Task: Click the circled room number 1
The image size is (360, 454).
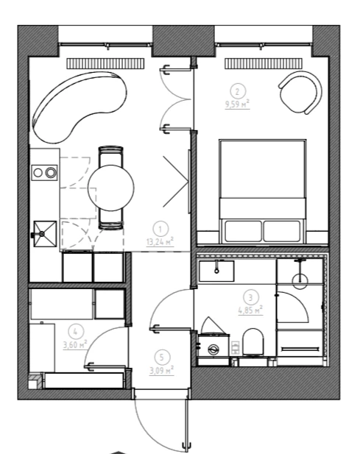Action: [160, 230]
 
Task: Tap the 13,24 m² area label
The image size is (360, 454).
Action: [160, 241]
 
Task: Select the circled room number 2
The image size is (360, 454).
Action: [238, 92]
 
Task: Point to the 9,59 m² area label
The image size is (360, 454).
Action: [237, 104]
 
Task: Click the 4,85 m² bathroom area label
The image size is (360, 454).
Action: [250, 310]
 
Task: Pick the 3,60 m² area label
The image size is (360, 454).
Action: [75, 344]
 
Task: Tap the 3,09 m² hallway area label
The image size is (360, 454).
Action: [162, 370]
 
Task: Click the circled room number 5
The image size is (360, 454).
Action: [162, 358]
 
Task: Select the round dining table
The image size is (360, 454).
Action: [111, 188]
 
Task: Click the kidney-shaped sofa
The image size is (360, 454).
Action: [79, 107]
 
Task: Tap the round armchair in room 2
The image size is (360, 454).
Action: [300, 93]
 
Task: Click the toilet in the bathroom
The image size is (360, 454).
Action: [253, 342]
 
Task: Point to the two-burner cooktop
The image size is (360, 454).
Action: [44, 173]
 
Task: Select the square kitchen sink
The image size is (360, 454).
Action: [45, 234]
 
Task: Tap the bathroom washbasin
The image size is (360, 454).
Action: [216, 271]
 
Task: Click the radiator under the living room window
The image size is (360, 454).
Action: [105, 64]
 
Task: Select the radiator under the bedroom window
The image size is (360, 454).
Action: [264, 64]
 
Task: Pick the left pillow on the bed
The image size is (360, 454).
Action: [243, 231]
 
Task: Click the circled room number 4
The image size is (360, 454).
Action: [75, 332]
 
